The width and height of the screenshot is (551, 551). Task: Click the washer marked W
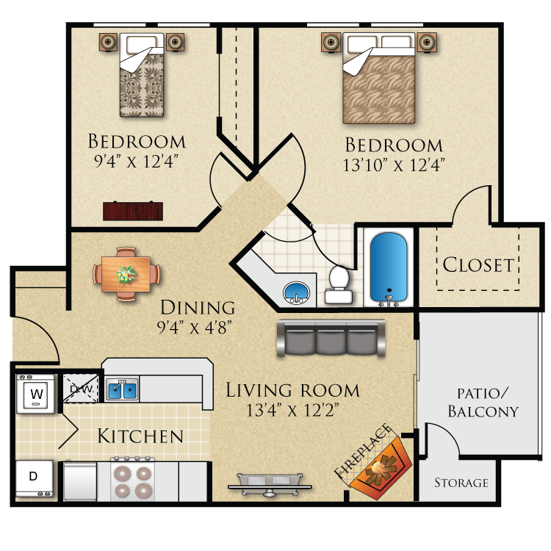click(35, 394)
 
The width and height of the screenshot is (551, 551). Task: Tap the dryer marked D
click(34, 476)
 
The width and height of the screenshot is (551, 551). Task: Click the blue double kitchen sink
click(122, 389)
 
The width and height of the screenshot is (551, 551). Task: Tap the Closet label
click(478, 264)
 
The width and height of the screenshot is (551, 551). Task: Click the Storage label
click(461, 483)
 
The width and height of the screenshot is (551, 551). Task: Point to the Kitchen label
click(140, 436)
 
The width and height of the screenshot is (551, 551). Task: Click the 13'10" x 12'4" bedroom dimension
click(394, 165)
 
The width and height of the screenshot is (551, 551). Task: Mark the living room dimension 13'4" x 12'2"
click(292, 409)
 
